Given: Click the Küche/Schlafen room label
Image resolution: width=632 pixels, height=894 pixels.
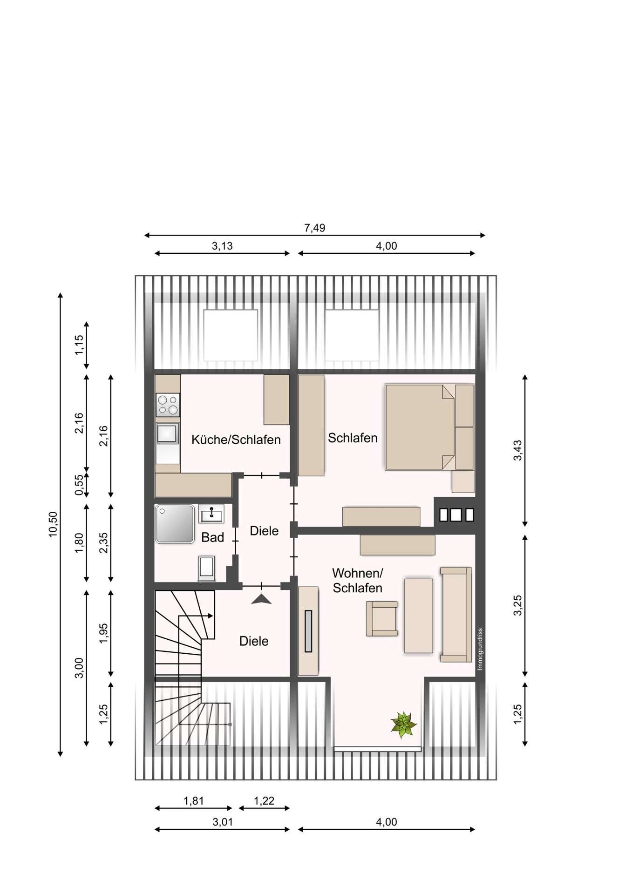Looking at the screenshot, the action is coord(236,440).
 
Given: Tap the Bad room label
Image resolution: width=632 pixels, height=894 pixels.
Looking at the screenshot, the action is coord(212,537).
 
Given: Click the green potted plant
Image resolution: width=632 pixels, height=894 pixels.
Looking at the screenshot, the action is coord(403,725).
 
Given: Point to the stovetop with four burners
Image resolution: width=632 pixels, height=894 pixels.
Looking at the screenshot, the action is coord(168,405).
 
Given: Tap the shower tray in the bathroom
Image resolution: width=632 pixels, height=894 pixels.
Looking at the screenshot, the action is coord(175,524).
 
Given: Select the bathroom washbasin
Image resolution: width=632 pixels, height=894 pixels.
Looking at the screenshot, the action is coord(211,514).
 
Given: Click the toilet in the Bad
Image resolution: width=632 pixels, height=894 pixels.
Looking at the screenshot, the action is coord(207,568).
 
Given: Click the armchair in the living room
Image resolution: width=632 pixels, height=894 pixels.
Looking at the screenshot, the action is coord(382,618).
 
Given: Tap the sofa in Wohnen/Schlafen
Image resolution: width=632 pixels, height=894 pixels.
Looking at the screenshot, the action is coord(456,614).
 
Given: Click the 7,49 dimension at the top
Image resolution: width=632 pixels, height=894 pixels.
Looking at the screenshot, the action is coord(315,228).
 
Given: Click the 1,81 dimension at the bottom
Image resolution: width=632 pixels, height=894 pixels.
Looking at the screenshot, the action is coord(194,801).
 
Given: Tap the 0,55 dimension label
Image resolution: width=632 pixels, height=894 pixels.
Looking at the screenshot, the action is coord(79,485).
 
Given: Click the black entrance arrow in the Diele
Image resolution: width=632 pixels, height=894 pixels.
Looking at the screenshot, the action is coord(261,600).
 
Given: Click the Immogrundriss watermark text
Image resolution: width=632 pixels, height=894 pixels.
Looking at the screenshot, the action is coord(480,649).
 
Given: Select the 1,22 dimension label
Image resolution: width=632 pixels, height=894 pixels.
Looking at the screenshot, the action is coord(264,801).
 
